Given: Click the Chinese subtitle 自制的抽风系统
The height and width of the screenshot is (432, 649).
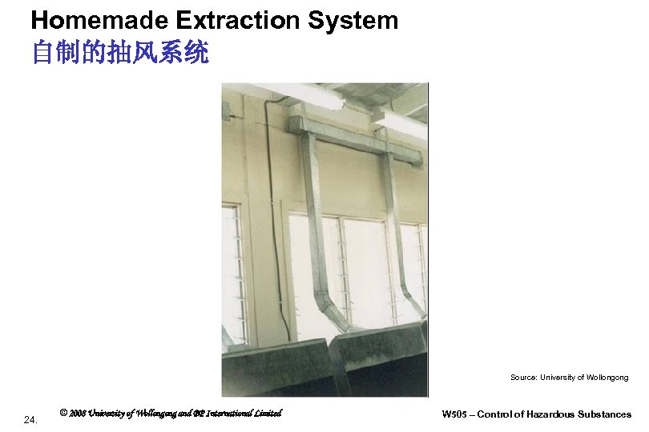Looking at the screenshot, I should (120, 53).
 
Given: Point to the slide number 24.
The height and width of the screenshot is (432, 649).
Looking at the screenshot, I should (30, 419).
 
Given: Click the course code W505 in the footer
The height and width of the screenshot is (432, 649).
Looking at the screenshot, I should (457, 414).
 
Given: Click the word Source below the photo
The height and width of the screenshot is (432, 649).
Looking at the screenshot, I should (523, 377).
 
